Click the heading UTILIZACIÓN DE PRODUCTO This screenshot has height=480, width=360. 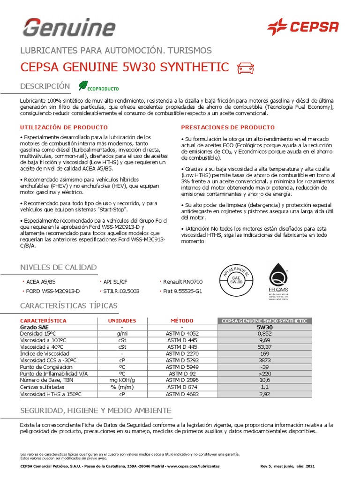64,127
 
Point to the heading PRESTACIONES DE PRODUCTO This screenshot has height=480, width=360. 228,127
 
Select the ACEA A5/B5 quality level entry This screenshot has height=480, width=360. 40,282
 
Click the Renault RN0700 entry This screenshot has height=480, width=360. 182,282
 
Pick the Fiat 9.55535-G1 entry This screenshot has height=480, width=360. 182,291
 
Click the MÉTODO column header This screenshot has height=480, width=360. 182,321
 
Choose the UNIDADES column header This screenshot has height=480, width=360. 122,321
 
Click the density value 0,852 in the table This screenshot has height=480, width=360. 264,334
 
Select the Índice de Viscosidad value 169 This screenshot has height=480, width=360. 264,353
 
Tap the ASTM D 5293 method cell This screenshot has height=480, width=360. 182,360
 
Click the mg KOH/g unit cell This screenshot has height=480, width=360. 122,380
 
